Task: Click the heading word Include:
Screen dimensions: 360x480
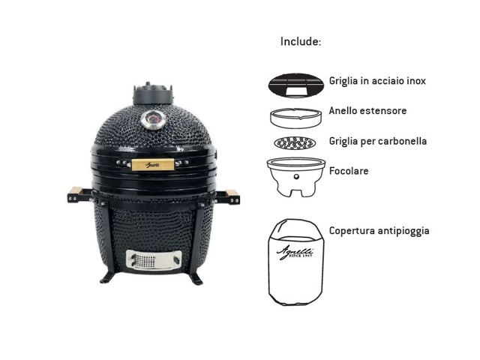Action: coord(301,41)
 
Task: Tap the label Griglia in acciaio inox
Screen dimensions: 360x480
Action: coord(378,80)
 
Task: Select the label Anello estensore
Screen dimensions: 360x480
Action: coord(367,111)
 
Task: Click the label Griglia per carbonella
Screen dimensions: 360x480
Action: coord(378,141)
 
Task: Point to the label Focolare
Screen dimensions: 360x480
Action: coord(349,171)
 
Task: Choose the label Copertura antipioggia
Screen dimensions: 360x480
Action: coord(379,230)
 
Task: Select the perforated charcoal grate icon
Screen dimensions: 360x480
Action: coord(295,142)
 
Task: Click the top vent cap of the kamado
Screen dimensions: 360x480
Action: coord(152,94)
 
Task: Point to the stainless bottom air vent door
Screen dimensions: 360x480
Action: coord(152,260)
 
